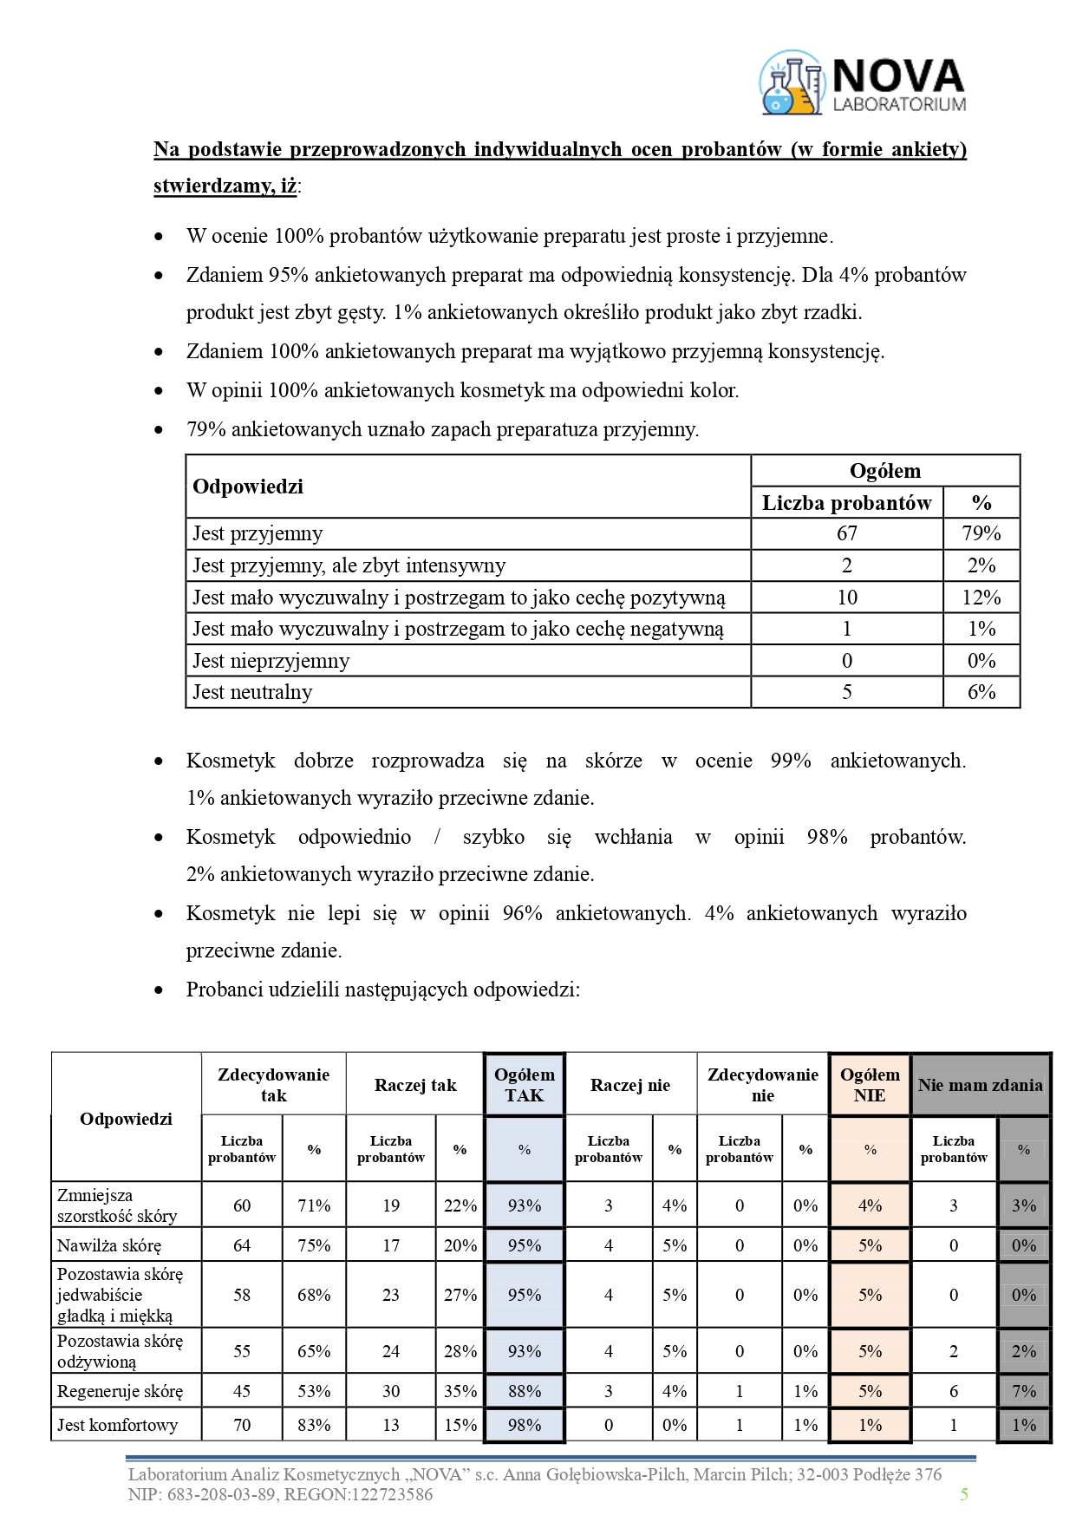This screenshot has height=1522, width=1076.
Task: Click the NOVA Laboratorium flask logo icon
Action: coord(792,82)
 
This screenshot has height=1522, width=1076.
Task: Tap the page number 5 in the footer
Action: coord(963,1493)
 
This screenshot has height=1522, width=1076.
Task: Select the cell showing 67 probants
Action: coord(846,533)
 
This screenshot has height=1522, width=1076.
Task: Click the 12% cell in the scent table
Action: coord(981,598)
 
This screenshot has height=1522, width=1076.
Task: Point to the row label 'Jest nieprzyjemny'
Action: coord(271,661)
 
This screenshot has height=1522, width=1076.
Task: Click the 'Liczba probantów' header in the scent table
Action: coord(846,503)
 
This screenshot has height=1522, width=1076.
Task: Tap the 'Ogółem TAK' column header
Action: coord(524,1085)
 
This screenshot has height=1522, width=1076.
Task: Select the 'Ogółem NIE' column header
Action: coord(870,1085)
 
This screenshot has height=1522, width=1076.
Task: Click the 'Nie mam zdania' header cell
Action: coord(980,1085)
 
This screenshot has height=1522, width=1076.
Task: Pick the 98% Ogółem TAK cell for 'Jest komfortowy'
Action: coord(524,1425)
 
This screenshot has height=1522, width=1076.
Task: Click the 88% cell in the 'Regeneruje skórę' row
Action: coord(524,1391)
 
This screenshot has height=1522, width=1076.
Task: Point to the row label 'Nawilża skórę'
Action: coord(109,1245)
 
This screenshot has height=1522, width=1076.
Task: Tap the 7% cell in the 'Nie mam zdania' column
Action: coord(1023,1391)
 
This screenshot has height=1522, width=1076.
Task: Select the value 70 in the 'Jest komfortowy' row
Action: coord(242,1425)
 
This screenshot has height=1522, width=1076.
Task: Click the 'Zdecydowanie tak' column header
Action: coord(273,1085)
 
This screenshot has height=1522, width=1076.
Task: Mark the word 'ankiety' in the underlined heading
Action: coord(929,149)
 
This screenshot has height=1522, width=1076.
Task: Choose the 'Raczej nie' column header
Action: coord(630,1085)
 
